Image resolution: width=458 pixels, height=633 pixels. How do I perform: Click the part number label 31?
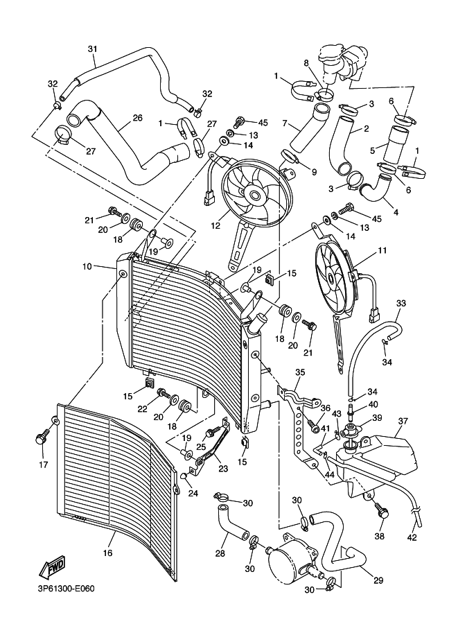[92, 49]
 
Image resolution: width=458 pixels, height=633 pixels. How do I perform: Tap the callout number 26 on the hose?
[137, 118]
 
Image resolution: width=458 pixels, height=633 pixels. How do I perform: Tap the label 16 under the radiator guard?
[107, 553]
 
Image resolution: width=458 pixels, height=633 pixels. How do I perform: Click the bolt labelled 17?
[41, 439]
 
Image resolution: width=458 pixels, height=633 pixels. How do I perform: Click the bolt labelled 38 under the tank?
[380, 513]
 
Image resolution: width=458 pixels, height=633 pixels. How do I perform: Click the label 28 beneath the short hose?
[220, 554]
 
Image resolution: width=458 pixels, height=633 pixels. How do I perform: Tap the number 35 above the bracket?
[299, 372]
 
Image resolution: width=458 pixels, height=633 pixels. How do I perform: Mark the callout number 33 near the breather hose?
[401, 304]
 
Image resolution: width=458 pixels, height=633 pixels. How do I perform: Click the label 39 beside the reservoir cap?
[377, 418]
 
